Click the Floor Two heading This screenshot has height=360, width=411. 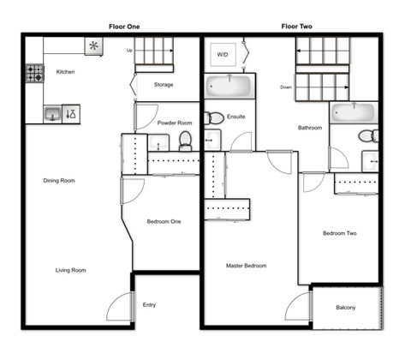(296, 27)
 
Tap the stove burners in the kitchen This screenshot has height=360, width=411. (35, 74)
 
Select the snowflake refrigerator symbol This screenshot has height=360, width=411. (92, 46)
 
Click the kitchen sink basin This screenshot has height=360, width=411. (52, 112)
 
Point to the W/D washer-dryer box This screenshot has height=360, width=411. (223, 54)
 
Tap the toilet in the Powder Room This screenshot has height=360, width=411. (184, 139)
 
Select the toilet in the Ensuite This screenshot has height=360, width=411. (215, 118)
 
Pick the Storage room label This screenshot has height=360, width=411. (164, 85)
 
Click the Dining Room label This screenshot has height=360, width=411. (60, 181)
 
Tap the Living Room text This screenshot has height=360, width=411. (71, 270)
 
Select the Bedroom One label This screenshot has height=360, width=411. (164, 222)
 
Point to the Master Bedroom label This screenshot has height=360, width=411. (246, 266)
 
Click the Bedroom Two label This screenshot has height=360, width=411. (339, 233)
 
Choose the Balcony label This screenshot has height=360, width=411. (346, 308)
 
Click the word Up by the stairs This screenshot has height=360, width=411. (129, 50)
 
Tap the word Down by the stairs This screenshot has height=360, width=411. (287, 87)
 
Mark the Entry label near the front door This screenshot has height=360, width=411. (150, 304)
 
